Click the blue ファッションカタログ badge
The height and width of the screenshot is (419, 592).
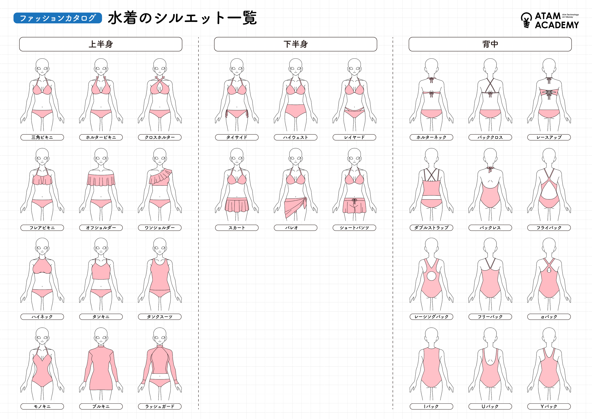[x=58, y=18]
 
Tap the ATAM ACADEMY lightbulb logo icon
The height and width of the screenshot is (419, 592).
[x=526, y=20]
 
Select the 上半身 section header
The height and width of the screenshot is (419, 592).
[x=101, y=44]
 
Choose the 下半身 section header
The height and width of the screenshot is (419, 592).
[x=296, y=44]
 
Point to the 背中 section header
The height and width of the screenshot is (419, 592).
[x=490, y=44]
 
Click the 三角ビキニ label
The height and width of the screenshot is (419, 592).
[x=42, y=137]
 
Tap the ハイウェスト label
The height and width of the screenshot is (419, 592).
[x=296, y=137]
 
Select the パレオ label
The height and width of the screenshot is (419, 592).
[x=296, y=228]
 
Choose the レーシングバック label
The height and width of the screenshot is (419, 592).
[x=431, y=317]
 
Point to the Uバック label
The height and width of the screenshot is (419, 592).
[x=490, y=406]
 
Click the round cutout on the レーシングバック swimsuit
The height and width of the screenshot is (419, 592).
[x=431, y=276]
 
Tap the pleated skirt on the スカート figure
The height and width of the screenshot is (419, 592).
[x=237, y=205]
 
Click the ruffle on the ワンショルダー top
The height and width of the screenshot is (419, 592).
[x=162, y=175]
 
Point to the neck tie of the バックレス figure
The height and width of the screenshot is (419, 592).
[x=490, y=169]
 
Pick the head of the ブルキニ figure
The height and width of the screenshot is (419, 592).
[x=101, y=335]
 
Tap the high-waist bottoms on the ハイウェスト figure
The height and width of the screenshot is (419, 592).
[x=296, y=110]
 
